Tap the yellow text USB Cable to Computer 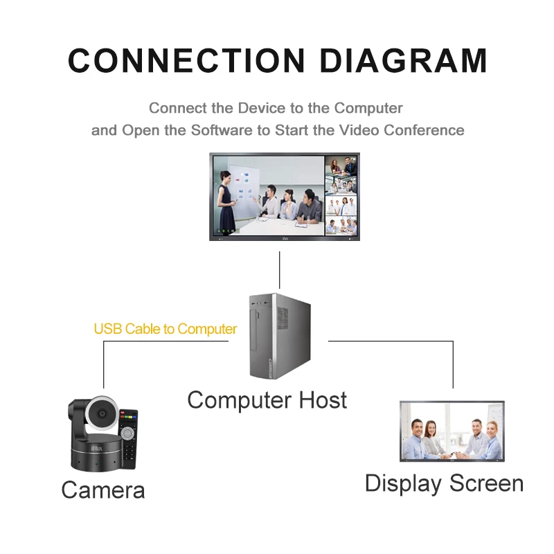coord(166,329)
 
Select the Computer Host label coord(267,400)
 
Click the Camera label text coord(103,490)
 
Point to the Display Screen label coord(444,483)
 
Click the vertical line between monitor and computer coord(280,270)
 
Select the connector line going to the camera coord(104,364)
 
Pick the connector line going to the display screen coord(453,364)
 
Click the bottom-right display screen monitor coord(452,431)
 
